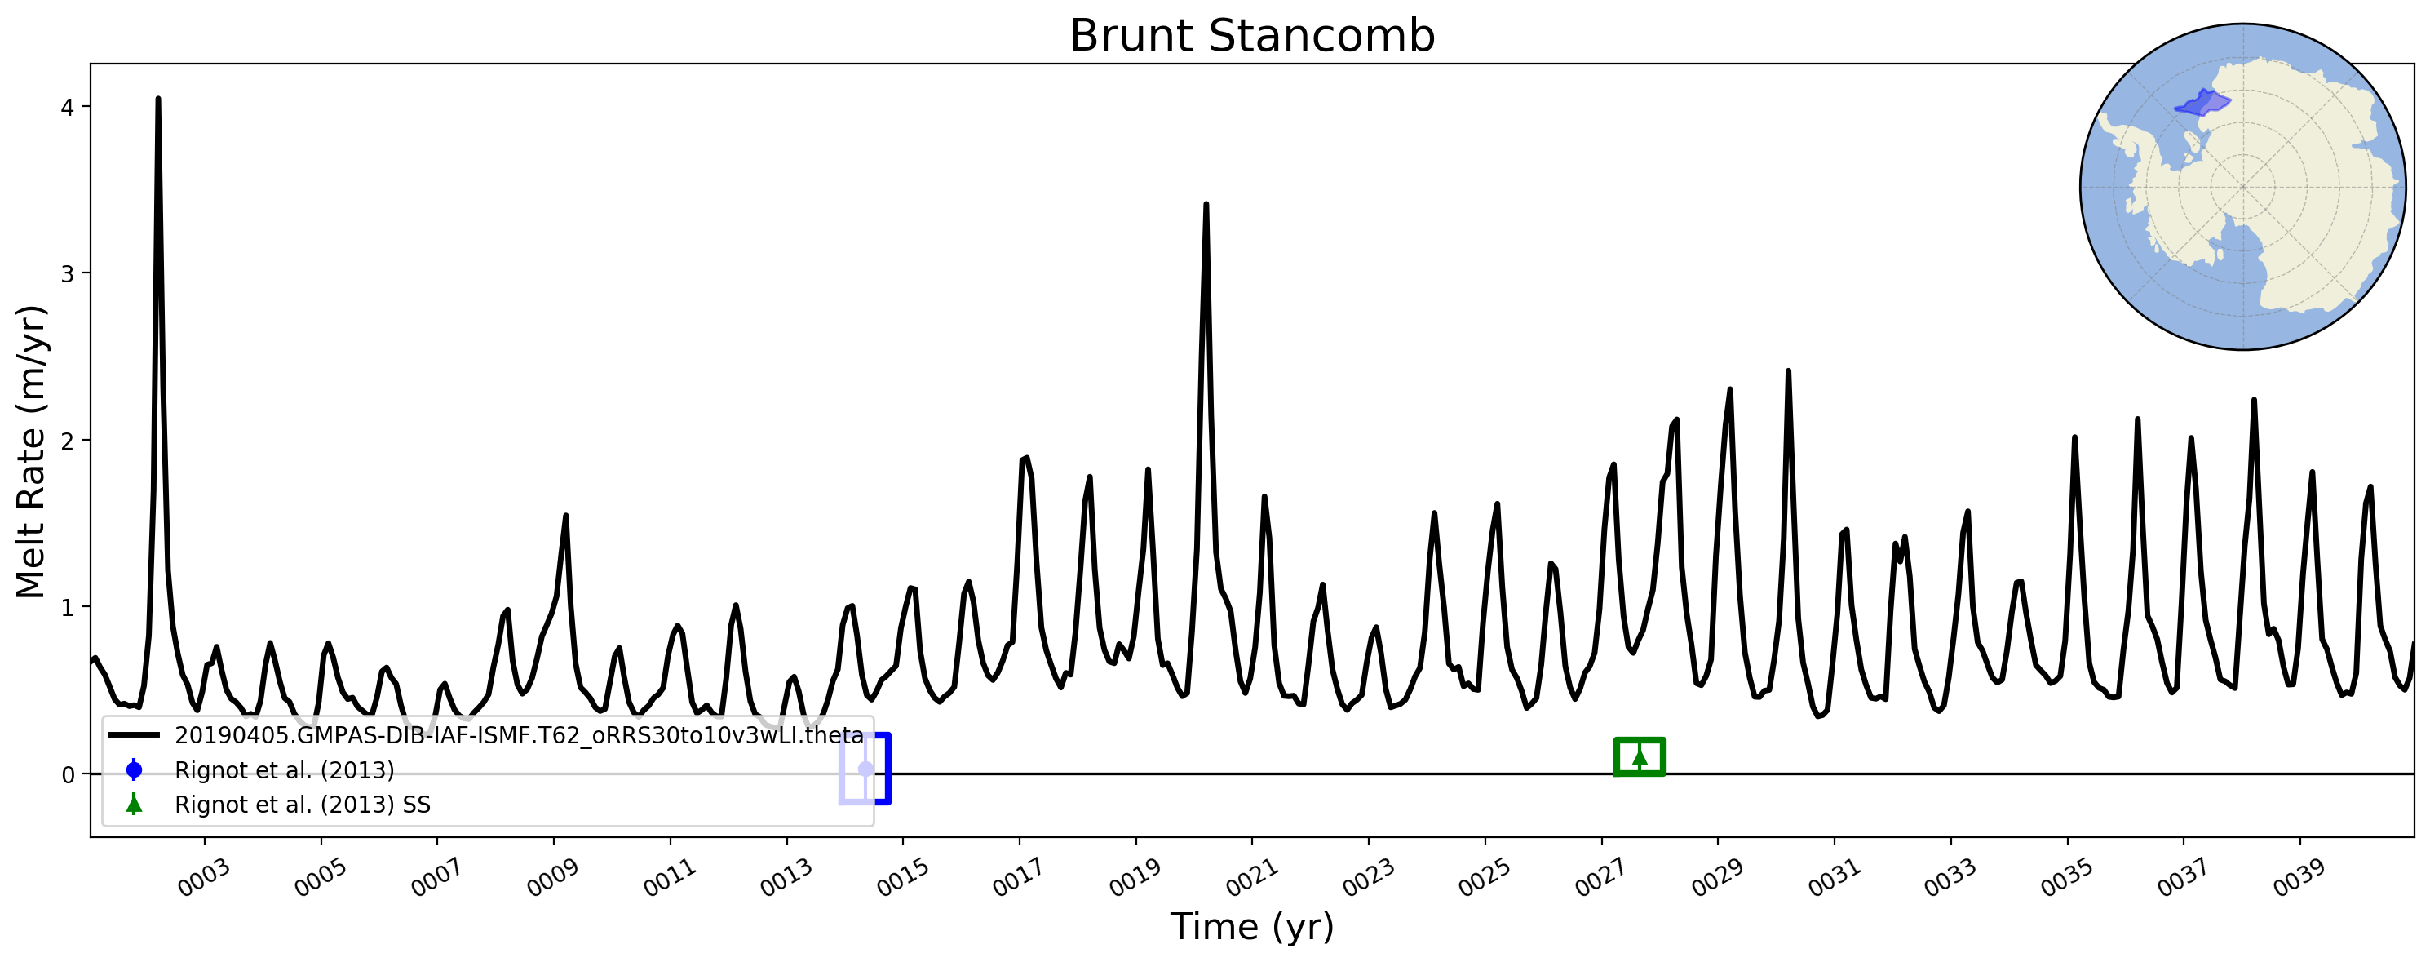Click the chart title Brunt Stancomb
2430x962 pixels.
1252,36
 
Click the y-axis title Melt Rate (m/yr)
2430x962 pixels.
31,451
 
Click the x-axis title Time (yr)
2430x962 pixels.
1252,927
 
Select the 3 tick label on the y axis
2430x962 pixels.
67,273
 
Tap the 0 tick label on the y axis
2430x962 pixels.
67,774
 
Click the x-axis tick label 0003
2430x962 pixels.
205,878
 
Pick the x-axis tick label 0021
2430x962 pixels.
1252,878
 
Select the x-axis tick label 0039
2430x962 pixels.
2299,878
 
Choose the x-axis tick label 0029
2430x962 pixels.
1717,878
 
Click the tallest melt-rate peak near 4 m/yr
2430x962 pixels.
157,99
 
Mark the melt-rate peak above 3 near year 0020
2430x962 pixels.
1206,205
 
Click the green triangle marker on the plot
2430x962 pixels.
1640,756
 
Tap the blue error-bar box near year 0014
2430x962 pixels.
887,769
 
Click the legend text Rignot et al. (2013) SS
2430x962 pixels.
303,805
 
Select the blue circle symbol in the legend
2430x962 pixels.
134,770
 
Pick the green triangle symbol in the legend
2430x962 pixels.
134,804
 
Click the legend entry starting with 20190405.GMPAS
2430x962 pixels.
519,736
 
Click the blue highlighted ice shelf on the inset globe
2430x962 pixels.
2202,102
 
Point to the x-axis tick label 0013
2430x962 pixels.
786,878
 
